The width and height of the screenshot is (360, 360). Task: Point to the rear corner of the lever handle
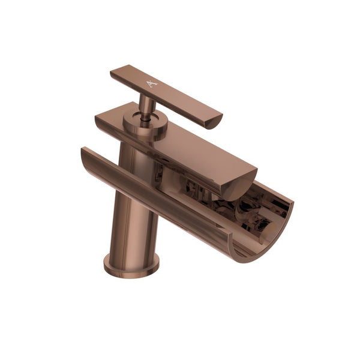(113, 73)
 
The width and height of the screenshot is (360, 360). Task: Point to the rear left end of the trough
(84, 155)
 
